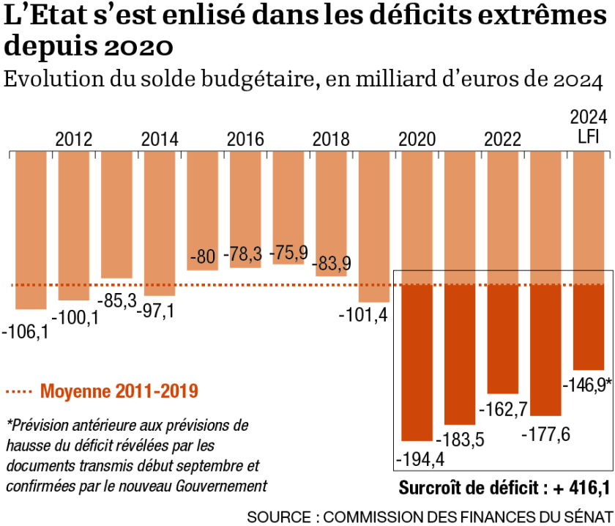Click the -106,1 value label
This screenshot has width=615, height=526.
coord(26,332)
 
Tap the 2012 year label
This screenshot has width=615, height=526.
coord(73,139)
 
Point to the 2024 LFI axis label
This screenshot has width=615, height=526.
coord(589,126)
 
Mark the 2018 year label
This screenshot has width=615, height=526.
coord(331,139)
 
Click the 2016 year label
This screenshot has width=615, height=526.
coord(245,139)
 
